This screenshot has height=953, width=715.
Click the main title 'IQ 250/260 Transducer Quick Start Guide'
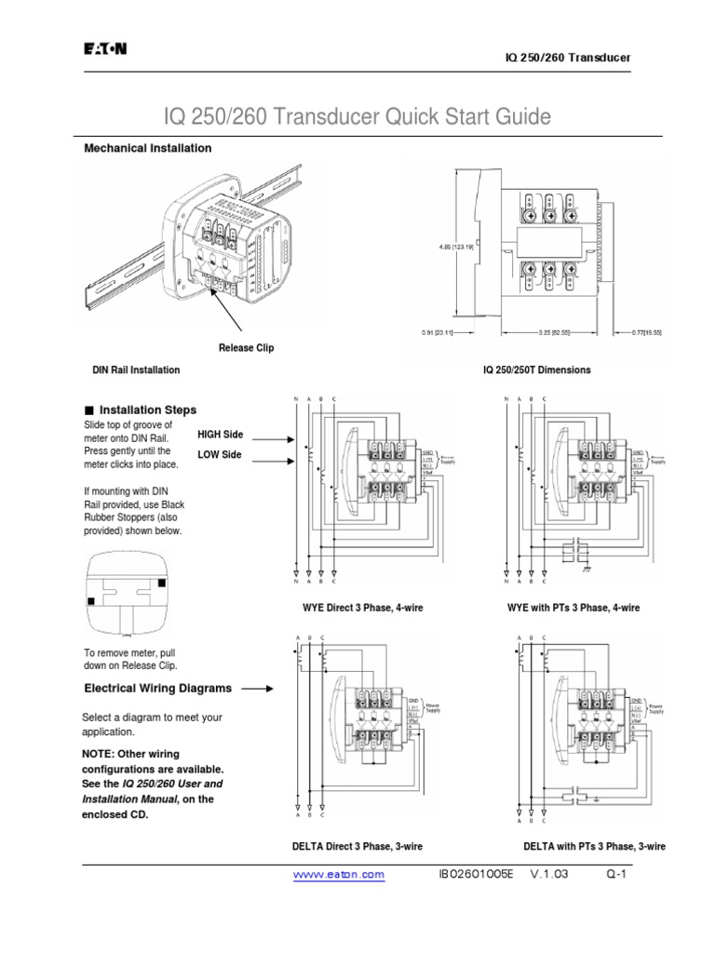point(357,117)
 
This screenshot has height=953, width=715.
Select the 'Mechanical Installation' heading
point(148,148)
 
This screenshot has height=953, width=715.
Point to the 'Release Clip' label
point(246,348)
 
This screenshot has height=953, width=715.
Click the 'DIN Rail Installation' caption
point(136,369)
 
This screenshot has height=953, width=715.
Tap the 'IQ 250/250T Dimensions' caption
point(536,369)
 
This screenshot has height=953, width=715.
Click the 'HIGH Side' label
point(220,435)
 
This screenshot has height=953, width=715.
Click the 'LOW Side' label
point(219,454)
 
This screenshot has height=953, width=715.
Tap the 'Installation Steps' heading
point(147,409)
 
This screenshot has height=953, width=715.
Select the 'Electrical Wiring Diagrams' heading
point(158,689)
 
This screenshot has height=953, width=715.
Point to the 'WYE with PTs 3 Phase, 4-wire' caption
point(573,608)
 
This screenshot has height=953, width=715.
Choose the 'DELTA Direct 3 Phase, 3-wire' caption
point(357,846)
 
